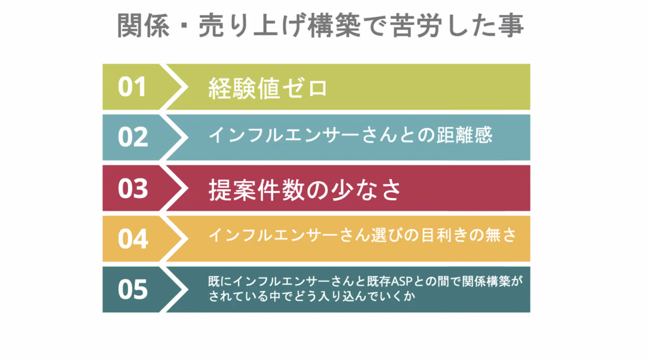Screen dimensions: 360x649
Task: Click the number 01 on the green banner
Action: tap(132, 87)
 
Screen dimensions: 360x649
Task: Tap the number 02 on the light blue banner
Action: tap(133, 137)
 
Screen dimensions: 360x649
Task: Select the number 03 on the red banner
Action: tap(133, 188)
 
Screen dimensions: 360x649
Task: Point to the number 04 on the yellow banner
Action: tap(133, 239)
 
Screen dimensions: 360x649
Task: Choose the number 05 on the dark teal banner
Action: tap(133, 289)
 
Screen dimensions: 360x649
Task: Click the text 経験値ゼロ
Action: tap(268, 87)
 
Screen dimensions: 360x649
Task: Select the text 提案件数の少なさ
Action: tap(305, 190)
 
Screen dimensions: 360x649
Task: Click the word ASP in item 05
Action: tap(399, 282)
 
